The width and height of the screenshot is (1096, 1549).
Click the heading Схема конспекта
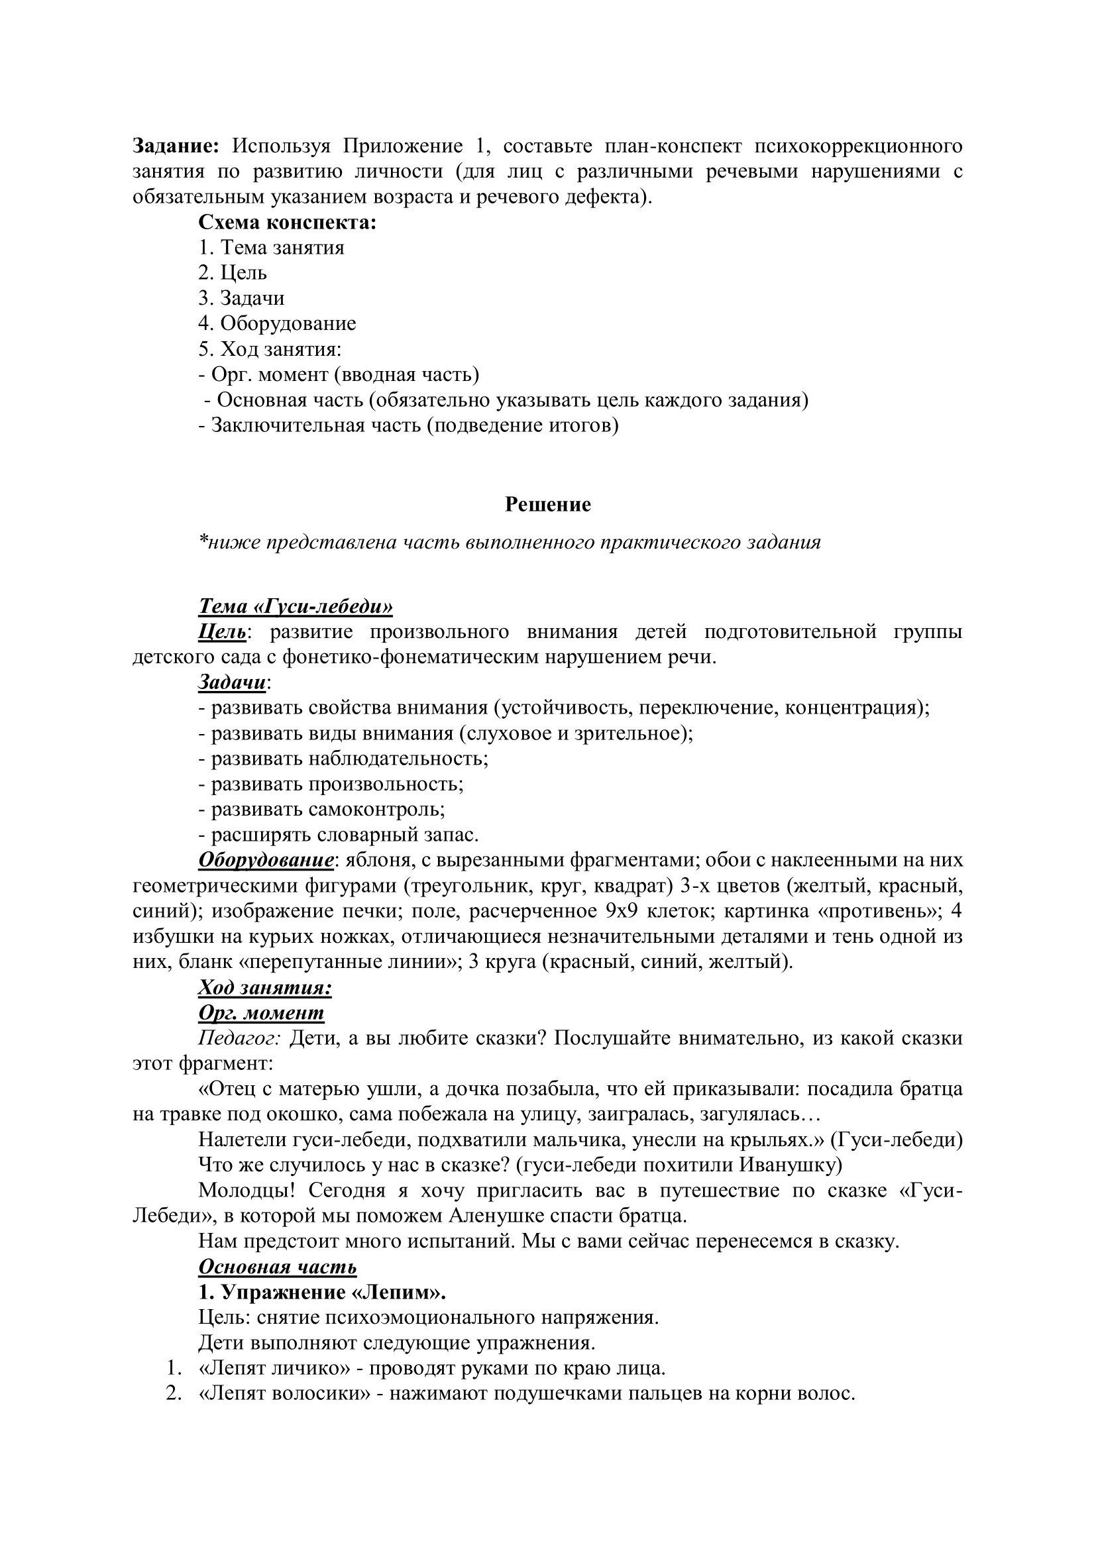[287, 222]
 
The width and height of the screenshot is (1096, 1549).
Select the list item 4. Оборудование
[277, 323]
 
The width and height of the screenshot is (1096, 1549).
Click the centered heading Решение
[547, 504]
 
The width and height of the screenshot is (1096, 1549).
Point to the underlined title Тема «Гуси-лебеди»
[295, 606]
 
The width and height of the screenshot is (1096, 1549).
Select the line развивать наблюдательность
[343, 759]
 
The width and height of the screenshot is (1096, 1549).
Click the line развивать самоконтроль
[321, 809]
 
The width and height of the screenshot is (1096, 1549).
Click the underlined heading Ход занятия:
[264, 988]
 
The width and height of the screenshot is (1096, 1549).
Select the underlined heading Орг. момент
[261, 1012]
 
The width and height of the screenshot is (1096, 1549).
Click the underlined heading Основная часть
[278, 1267]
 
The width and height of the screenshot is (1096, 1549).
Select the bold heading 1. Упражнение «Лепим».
[323, 1293]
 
